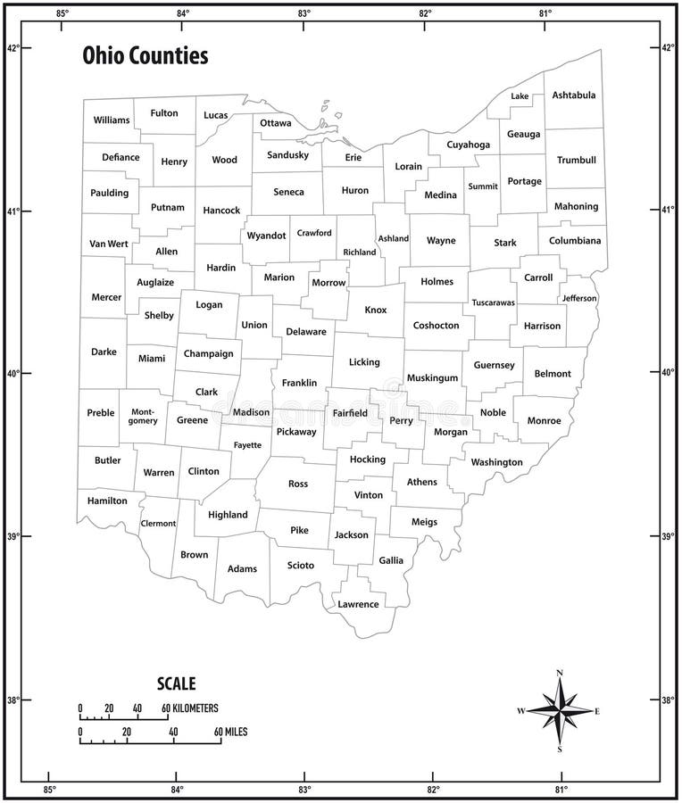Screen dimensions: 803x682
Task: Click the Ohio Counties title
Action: (146, 56)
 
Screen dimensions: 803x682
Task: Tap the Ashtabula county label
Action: (574, 95)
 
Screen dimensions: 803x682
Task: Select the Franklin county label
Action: (299, 383)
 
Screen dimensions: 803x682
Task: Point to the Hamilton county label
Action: (107, 501)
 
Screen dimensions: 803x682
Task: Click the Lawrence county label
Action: (358, 604)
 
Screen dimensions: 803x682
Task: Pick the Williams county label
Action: (112, 120)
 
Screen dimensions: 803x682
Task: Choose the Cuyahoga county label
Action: (468, 144)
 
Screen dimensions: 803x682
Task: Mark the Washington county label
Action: (496, 462)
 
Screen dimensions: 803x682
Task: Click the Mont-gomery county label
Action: (144, 416)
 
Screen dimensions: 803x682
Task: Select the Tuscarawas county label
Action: (493, 302)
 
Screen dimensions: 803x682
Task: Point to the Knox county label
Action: (376, 310)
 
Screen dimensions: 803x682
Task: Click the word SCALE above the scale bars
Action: (176, 684)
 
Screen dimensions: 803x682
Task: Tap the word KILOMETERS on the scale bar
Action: (195, 708)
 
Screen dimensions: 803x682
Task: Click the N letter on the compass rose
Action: (560, 673)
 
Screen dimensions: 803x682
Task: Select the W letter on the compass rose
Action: (520, 711)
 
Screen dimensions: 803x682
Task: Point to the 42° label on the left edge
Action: (13, 48)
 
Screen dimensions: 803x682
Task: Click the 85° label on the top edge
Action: (62, 13)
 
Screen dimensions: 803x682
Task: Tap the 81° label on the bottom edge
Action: (561, 790)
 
